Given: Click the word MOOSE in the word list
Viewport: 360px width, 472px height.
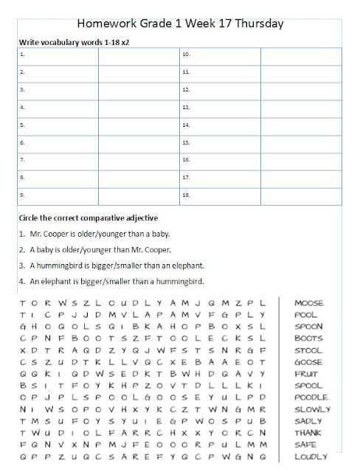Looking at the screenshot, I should point(308,303).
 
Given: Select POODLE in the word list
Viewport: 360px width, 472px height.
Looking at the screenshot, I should point(310,398).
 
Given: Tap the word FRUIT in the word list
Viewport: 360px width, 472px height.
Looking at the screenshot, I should point(306,374).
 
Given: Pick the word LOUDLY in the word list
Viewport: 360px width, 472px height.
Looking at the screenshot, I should point(310,457).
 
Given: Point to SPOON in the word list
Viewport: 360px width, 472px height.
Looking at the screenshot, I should point(308,327).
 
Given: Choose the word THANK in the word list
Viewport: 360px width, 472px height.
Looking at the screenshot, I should point(308,433).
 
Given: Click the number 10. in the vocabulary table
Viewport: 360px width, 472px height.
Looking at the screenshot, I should point(187,55).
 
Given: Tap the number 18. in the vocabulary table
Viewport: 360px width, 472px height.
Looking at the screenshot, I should point(187,196).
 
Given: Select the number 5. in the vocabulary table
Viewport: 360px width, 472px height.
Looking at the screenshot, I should point(22,125).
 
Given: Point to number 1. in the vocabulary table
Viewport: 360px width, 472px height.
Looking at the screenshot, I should point(22,55).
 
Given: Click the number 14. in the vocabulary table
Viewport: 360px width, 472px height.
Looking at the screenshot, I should point(187,125).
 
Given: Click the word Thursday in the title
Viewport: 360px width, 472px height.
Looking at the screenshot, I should point(257,24).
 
